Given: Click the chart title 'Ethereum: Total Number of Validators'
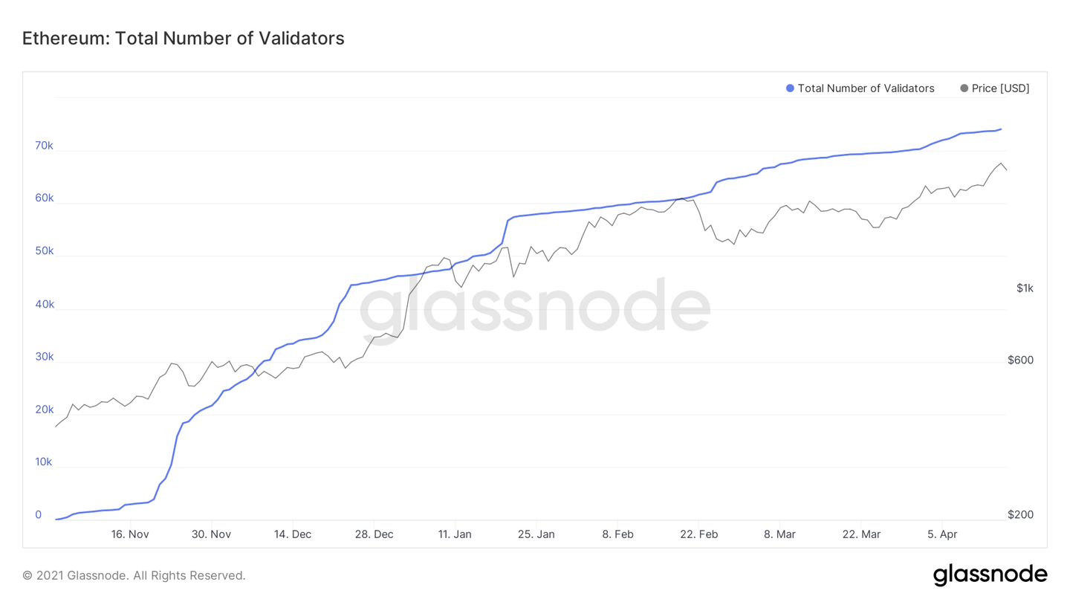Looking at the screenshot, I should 183,39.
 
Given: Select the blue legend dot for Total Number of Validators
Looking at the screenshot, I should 790,88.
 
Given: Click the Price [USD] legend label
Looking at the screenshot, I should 1000,88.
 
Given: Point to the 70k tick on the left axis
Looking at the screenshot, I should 44,146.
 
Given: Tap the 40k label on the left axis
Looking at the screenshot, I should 44,304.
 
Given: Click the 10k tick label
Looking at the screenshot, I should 44,462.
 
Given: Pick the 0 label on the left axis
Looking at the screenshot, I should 39,515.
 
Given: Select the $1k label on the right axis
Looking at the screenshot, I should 1025,288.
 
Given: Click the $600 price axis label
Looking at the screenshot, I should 1020,360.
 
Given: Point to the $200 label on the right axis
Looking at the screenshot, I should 1020,515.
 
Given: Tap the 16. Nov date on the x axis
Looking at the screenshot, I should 130,534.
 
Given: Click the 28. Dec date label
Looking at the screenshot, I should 374,534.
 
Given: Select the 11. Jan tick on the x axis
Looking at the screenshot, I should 455,534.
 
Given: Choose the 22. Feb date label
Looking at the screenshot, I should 698,534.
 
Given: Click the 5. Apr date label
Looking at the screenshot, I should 942,534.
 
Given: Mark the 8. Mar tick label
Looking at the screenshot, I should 779,534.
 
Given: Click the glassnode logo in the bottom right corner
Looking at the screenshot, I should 990,575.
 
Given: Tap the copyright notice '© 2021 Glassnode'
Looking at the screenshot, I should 134,575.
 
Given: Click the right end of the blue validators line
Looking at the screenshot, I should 1001,129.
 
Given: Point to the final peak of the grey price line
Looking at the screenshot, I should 1001,164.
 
